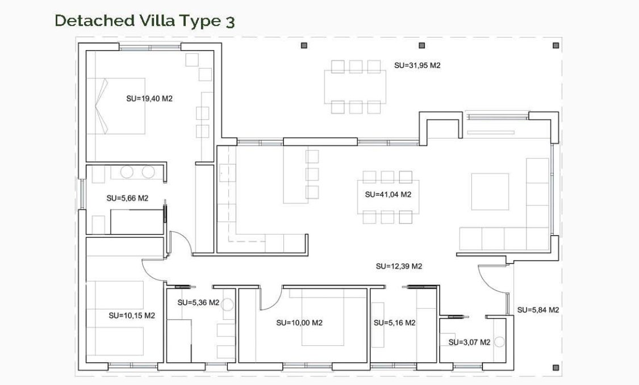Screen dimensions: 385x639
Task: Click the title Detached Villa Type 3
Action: pos(144,21)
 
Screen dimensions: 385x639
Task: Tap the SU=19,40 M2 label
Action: pos(149,98)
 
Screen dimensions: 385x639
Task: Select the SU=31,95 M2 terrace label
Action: pos(417,65)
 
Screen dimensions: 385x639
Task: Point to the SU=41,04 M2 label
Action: pos(388,194)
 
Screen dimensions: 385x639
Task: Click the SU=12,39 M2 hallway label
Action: pos(399,266)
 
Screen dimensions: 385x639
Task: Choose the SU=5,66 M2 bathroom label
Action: pos(127,198)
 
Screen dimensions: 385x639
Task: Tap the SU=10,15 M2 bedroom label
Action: pos(132,315)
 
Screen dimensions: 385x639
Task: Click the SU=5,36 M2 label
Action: pos(198,303)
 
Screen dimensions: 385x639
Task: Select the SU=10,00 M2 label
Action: pos(299,323)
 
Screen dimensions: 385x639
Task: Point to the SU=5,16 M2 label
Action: pos(394,323)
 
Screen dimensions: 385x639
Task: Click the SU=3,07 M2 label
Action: pos(469,342)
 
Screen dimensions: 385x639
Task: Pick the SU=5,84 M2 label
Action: pos(538,310)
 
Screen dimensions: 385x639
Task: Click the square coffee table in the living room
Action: pos(490,191)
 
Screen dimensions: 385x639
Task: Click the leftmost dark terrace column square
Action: pos(304,45)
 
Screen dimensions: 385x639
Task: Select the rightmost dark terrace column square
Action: pos(555,45)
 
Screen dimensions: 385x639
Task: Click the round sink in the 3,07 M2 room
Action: pos(499,342)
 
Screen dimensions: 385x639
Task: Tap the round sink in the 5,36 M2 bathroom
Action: pos(228,305)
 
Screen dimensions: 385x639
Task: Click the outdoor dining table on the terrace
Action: pos(355,87)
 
